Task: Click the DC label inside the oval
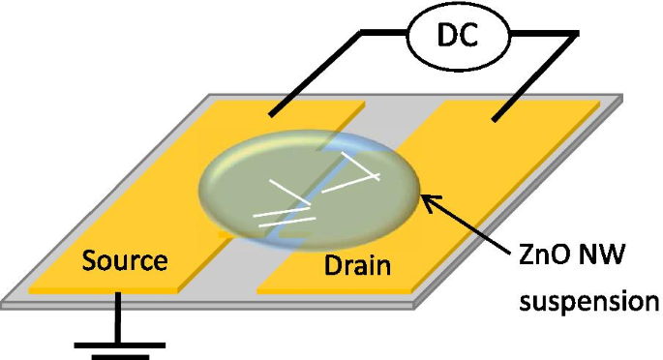pos(457,36)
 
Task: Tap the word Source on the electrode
pos(125,260)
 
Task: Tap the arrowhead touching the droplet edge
pos(426,200)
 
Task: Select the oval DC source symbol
pos(457,37)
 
